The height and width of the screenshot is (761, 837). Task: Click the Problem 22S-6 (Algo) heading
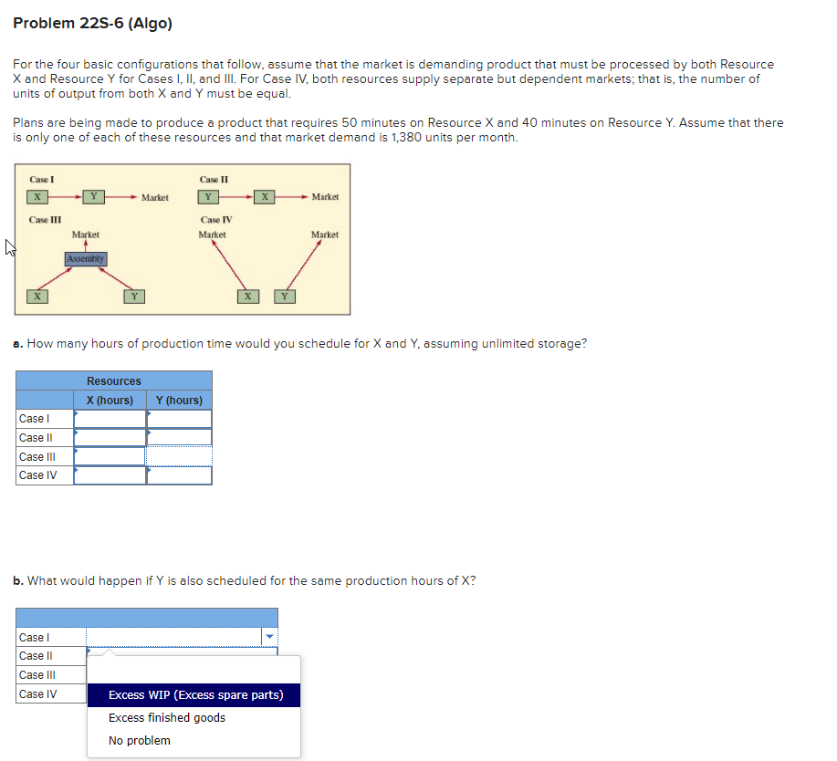tap(92, 24)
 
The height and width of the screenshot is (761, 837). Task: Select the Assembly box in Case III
tap(86, 259)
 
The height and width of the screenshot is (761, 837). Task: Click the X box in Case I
tap(37, 197)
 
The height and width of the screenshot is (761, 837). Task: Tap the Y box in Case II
tap(208, 197)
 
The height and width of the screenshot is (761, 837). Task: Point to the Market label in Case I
tap(154, 198)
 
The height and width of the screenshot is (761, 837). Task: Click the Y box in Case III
tap(133, 296)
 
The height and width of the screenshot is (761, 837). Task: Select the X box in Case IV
tap(246, 296)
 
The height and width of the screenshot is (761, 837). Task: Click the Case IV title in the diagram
tap(216, 220)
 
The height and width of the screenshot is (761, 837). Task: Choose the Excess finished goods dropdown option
tap(167, 718)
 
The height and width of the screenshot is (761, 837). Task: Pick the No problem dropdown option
tap(140, 741)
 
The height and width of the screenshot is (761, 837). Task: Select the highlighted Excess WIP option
tap(195, 695)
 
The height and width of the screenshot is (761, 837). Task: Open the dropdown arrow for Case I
tap(268, 638)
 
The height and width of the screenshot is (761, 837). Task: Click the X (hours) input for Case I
tap(110, 419)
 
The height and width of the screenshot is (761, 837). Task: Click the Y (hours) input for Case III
tap(179, 456)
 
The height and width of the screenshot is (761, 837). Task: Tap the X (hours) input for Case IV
tap(110, 475)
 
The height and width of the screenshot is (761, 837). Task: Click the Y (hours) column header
tap(179, 401)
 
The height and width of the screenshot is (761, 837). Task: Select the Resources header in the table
tap(114, 381)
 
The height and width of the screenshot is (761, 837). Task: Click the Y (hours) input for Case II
tap(179, 438)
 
